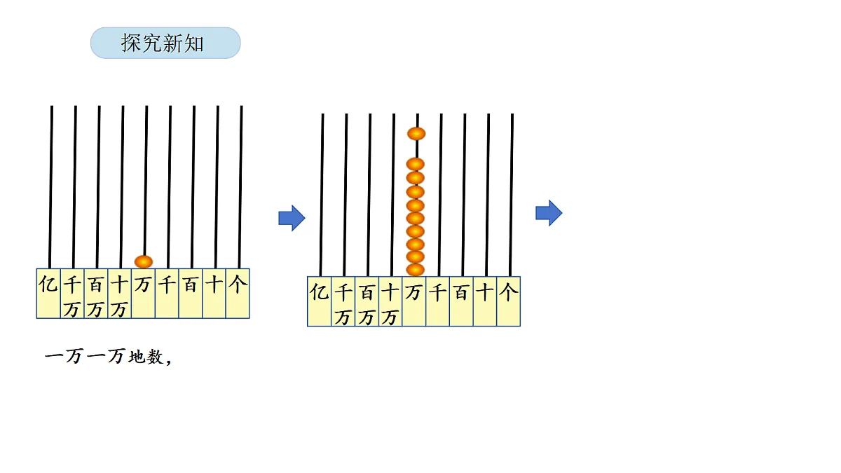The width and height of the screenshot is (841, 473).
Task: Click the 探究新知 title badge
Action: click(x=165, y=43)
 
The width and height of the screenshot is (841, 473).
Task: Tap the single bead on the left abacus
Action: click(x=144, y=261)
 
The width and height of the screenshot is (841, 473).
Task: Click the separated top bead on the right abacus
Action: click(x=416, y=134)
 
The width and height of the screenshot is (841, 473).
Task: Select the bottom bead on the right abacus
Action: click(x=415, y=270)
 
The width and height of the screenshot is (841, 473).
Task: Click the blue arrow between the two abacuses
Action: click(x=292, y=218)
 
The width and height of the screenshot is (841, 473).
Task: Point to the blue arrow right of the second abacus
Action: click(x=549, y=213)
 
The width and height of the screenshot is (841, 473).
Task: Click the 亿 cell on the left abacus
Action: click(x=48, y=294)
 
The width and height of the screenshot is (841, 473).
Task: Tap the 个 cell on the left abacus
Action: click(x=238, y=294)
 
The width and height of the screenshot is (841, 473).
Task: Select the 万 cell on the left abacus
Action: click(x=143, y=294)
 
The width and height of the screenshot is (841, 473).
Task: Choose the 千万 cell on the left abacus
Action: click(x=72, y=294)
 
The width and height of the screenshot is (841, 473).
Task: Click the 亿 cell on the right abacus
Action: click(x=319, y=301)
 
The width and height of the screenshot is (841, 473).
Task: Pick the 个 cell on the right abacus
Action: click(x=508, y=301)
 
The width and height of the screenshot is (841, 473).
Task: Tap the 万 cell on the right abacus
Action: click(x=413, y=301)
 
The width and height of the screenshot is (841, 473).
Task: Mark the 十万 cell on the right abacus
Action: click(x=390, y=301)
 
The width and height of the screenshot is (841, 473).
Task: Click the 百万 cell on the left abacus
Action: click(x=96, y=294)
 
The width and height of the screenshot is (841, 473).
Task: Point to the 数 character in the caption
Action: click(x=155, y=357)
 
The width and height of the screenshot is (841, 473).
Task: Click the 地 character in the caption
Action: click(x=137, y=357)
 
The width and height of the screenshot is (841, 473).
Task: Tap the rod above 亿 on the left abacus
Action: click(x=50, y=187)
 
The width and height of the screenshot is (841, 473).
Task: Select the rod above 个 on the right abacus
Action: click(x=511, y=196)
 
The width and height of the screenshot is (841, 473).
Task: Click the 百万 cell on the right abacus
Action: click(x=367, y=301)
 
